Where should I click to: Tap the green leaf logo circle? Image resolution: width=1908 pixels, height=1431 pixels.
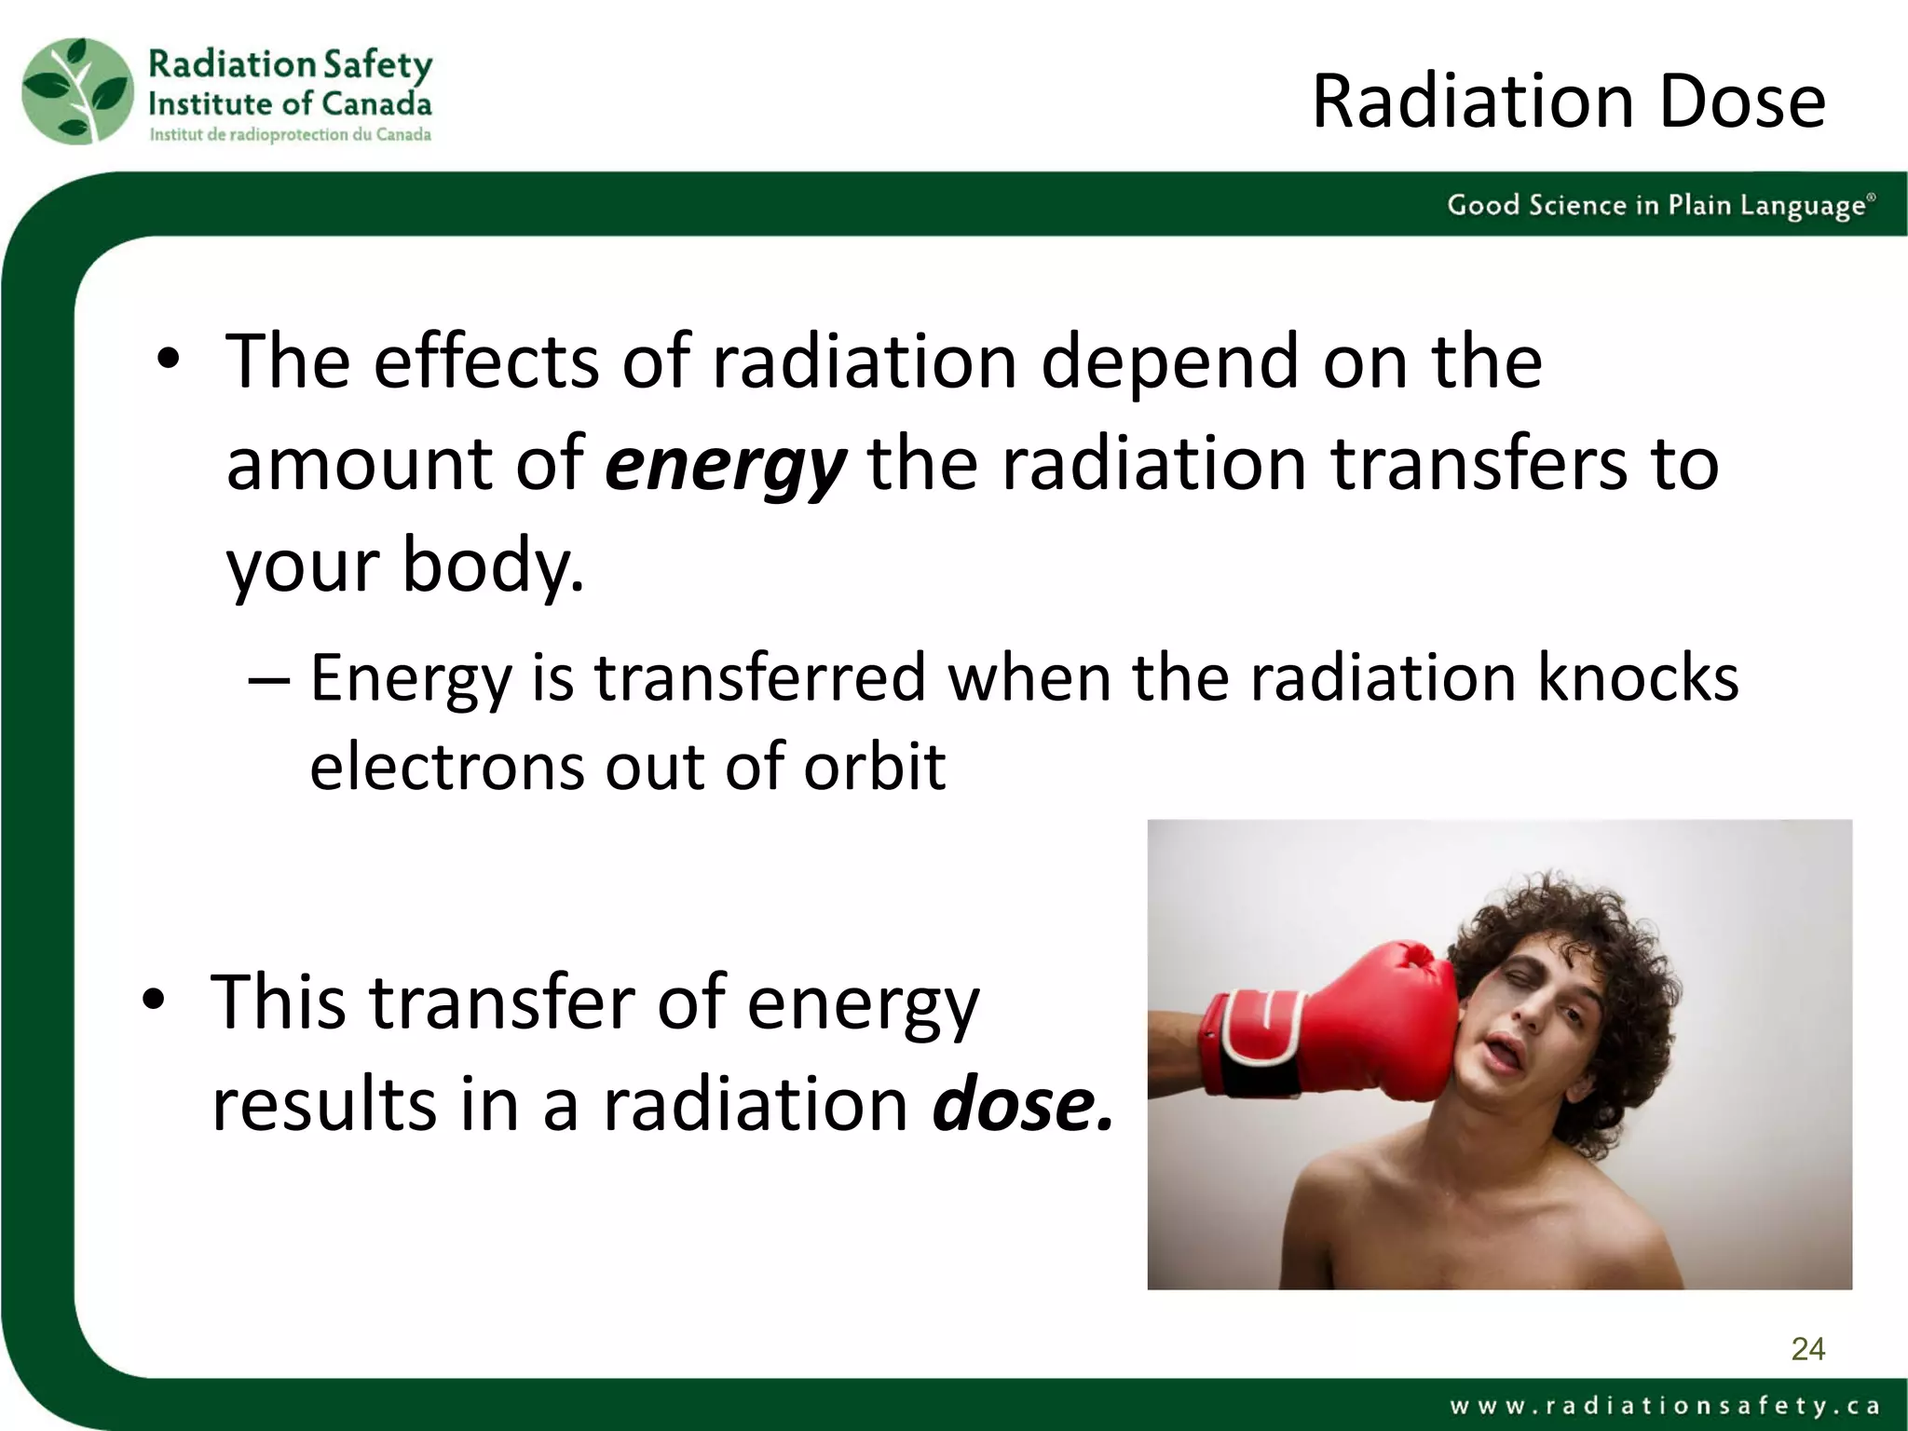tap(77, 91)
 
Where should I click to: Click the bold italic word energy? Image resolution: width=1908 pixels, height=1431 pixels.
tap(725, 464)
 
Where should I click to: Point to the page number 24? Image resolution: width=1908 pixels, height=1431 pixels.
tap(1807, 1349)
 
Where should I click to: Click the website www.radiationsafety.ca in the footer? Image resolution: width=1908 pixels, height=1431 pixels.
tap(1664, 1405)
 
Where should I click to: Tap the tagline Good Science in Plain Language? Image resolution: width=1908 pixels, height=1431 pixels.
tap(1658, 205)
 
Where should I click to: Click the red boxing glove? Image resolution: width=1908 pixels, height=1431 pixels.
tap(1379, 1025)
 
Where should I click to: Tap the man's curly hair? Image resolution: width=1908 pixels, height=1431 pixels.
tap(1584, 932)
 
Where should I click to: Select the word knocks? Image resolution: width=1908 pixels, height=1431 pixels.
tap(1637, 677)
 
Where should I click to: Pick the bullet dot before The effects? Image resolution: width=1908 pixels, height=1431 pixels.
tap(168, 360)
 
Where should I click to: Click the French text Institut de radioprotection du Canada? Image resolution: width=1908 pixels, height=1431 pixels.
tap(290, 135)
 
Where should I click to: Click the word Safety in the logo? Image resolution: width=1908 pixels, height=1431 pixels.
tap(377, 65)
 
